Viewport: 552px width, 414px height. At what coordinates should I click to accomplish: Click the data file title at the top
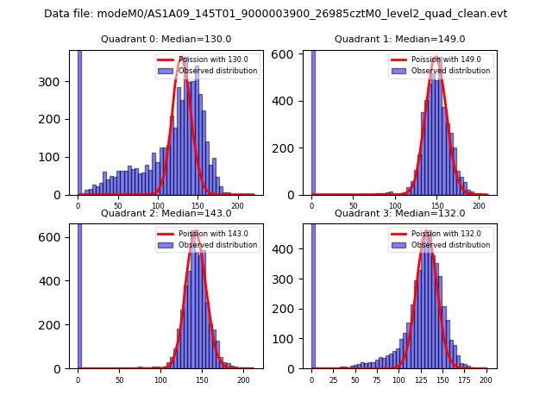pos(275,14)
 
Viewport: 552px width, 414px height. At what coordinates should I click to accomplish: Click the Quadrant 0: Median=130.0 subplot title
pos(166,39)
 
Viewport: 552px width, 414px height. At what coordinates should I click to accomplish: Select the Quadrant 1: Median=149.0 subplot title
pos(399,39)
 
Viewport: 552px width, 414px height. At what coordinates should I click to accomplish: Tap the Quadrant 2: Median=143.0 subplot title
pos(166,213)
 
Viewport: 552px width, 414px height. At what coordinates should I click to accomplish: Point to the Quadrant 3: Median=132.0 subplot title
pos(399,213)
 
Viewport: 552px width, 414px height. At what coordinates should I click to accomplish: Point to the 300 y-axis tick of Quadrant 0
pos(59,82)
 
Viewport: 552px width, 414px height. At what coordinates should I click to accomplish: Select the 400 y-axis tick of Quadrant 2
pos(59,280)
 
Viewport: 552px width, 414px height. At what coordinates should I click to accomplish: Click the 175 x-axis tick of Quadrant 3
pos(464,380)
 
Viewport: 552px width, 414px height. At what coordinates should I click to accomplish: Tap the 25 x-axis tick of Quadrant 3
pos(334,380)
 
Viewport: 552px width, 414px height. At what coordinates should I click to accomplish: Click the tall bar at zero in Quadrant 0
pos(79,121)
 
